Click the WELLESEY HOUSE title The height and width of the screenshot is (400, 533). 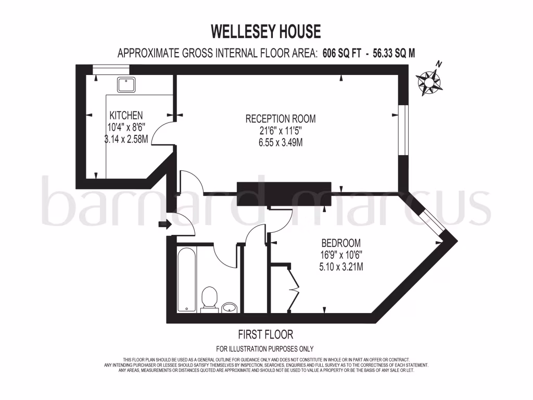(x=265, y=32)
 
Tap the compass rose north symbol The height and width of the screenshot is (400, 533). (x=429, y=81)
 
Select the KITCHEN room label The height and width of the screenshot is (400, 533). (x=125, y=115)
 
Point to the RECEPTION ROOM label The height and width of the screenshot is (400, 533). (x=281, y=119)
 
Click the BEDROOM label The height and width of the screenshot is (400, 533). (x=341, y=243)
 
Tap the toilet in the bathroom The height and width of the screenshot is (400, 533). (x=209, y=299)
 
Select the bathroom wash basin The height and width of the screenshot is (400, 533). (x=229, y=308)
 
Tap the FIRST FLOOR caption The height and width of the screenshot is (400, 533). (x=265, y=334)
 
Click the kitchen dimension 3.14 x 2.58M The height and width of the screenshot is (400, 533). (x=125, y=139)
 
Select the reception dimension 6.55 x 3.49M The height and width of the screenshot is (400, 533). (x=281, y=142)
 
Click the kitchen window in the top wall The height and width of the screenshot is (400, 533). (x=110, y=68)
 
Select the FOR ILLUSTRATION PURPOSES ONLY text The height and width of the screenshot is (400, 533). (x=265, y=349)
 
